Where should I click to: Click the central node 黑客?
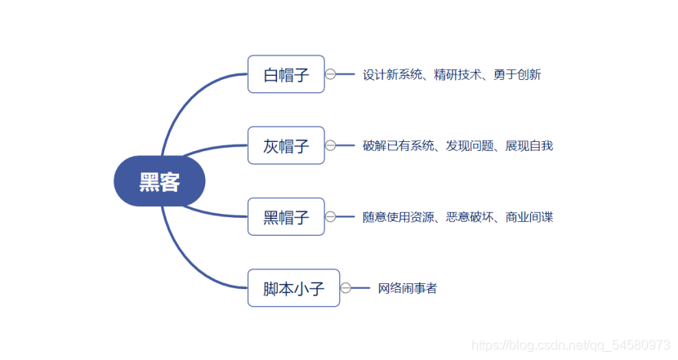coord(159,181)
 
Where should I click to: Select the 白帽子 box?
coord(286,74)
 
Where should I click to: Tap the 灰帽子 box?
coord(286,145)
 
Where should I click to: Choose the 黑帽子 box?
coord(286,216)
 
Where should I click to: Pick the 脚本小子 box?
coord(293,287)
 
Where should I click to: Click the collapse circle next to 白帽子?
coord(331,74)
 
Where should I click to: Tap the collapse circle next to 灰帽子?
coord(331,145)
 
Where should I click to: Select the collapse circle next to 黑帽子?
coord(331,216)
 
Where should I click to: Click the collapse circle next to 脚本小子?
coord(346,287)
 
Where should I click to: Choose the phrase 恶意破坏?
coord(470,216)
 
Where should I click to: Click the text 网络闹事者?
coord(407,287)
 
